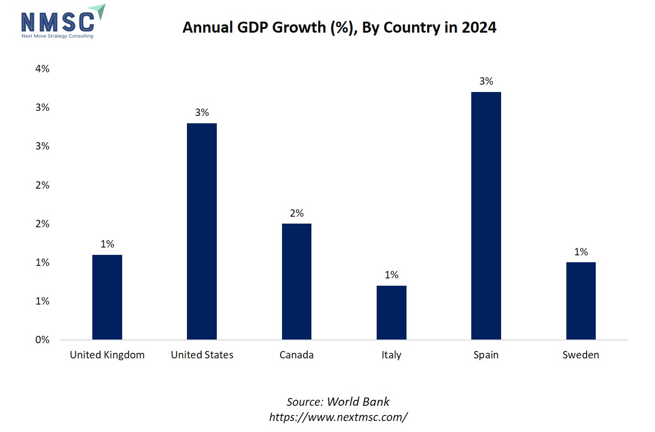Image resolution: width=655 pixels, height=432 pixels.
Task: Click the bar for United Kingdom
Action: click(107, 297)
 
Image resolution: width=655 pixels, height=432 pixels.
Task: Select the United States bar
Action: click(202, 231)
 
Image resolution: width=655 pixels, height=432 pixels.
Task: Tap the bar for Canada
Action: click(297, 282)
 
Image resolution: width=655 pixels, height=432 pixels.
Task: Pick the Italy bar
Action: click(391, 313)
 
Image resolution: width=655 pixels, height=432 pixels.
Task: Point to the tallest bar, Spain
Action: click(486, 216)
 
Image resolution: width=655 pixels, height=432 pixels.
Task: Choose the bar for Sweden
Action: click(581, 301)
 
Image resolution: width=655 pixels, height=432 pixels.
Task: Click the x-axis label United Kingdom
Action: click(107, 355)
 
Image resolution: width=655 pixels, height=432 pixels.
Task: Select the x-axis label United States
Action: click(202, 355)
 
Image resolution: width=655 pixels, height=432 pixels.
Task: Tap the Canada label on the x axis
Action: click(297, 355)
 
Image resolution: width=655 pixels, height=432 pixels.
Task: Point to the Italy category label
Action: click(391, 355)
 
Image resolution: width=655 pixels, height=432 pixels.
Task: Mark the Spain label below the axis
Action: click(486, 355)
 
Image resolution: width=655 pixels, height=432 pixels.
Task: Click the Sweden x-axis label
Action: click(581, 355)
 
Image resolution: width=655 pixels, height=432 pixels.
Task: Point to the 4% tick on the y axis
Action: click(42, 69)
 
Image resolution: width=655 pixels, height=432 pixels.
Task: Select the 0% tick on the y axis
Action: click(42, 340)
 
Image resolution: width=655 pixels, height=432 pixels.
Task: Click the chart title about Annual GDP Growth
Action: click(339, 28)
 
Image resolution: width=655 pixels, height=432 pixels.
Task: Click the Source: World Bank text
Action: click(338, 402)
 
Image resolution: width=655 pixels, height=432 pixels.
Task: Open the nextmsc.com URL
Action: click(338, 417)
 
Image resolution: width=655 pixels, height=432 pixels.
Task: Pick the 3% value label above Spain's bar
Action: click(486, 81)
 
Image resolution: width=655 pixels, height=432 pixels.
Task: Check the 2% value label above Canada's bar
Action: click(297, 213)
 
